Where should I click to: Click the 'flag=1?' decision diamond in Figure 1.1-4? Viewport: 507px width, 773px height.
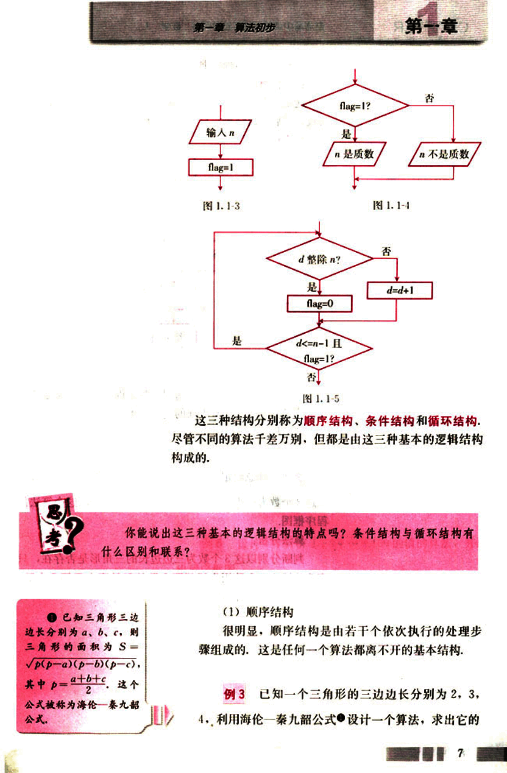point(355,105)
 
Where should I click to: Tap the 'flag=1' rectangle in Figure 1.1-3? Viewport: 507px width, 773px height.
point(221,167)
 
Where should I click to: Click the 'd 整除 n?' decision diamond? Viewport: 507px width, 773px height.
point(319,259)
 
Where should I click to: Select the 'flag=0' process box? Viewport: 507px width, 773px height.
point(319,303)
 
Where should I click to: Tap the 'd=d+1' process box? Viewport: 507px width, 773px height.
point(400,291)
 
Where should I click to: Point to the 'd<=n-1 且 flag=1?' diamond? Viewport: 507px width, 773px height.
point(318,351)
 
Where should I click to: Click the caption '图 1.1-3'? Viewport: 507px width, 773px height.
point(221,206)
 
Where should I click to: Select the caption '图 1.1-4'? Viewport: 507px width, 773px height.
point(391,206)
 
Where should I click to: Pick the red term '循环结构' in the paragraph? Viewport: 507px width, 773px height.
point(452,421)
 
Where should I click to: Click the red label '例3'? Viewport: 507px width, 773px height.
point(235,694)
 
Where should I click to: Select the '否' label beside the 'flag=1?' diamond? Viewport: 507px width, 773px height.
point(429,98)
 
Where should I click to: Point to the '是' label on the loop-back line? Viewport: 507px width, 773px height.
point(237,341)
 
